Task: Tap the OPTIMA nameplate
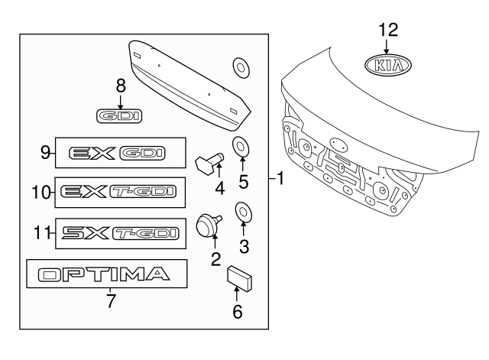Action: point(105,274)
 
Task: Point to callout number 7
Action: point(111,301)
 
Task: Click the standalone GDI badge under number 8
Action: point(121,116)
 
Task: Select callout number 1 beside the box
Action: point(280,180)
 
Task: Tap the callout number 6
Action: point(237,311)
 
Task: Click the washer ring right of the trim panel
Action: point(241,68)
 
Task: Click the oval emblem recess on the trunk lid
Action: point(338,144)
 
